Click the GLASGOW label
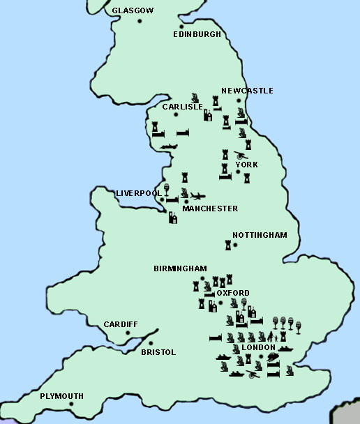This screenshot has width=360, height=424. click(x=133, y=11)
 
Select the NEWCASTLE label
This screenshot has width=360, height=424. click(x=247, y=91)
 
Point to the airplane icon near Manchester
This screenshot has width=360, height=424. click(x=197, y=196)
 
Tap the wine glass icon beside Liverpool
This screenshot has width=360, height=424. click(x=167, y=189)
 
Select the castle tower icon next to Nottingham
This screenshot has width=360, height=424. click(x=227, y=245)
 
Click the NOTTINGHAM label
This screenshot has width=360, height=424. click(x=259, y=235)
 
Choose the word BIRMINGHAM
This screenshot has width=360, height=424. click(x=180, y=268)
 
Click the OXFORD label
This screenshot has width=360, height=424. click(x=233, y=293)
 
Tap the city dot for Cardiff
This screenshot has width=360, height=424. click(x=128, y=333)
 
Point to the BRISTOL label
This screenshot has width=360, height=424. click(x=158, y=352)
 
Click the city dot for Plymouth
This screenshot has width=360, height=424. click(x=71, y=404)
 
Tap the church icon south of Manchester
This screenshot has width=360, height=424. click(x=172, y=218)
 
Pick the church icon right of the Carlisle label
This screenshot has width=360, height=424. click(x=208, y=114)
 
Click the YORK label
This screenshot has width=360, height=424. click(x=246, y=165)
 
